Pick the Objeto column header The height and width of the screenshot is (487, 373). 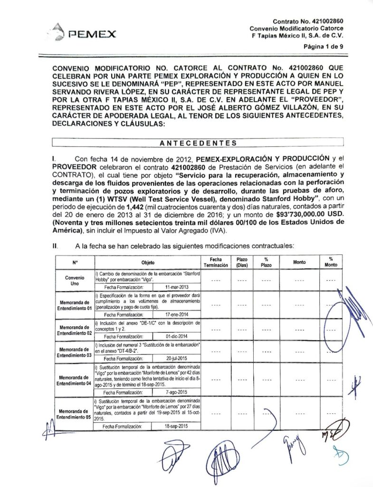pyautogui.click(x=148, y=262)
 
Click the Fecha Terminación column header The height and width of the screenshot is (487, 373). pyautogui.click(x=216, y=262)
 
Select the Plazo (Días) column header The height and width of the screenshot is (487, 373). pyautogui.click(x=242, y=262)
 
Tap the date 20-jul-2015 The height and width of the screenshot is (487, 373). pyautogui.click(x=177, y=359)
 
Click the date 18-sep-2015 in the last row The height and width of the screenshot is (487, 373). pyautogui.click(x=176, y=427)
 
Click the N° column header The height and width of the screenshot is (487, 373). pyautogui.click(x=75, y=262)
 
